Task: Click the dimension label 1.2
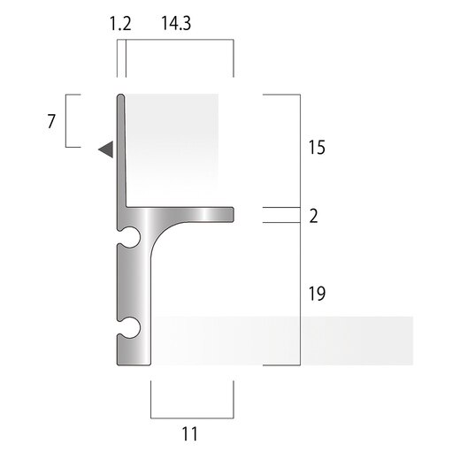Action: (120, 24)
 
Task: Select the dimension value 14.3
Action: (176, 24)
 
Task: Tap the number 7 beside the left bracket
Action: (51, 121)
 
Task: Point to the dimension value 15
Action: (317, 148)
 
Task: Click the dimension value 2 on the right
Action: (314, 216)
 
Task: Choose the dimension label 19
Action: (317, 294)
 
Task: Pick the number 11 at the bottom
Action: (190, 434)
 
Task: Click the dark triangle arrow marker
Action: (106, 149)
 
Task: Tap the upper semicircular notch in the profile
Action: (130, 237)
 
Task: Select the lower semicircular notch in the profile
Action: (130, 328)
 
